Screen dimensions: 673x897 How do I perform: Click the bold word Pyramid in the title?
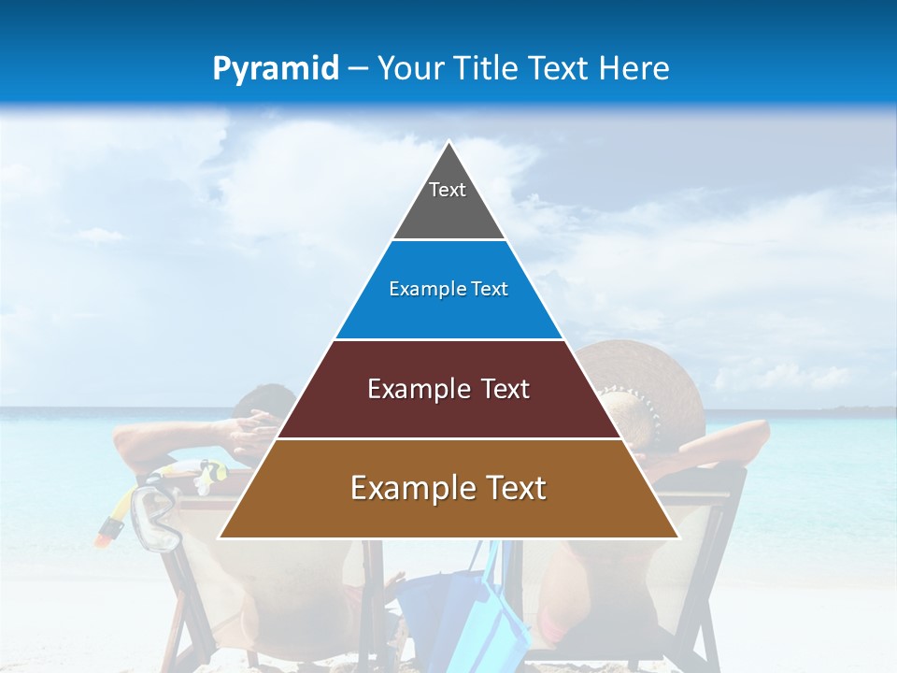275,69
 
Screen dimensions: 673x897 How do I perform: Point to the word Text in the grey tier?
448,190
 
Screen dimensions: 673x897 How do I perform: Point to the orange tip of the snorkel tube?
108,532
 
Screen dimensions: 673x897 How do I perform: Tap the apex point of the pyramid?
449,142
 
